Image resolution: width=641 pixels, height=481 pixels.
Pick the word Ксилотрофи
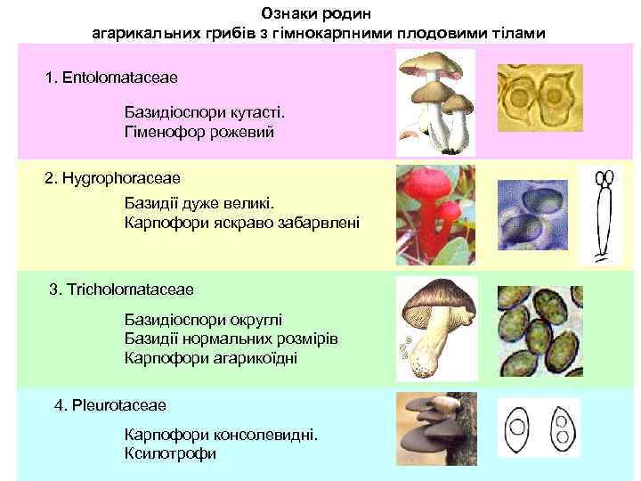[x=171, y=453]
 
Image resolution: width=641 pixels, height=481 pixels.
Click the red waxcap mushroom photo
[x=435, y=214]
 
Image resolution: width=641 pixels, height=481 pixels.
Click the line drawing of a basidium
[x=603, y=214]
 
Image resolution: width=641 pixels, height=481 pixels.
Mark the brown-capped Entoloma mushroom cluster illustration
[x=435, y=98]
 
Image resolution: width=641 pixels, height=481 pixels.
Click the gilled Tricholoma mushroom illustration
[x=435, y=324]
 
